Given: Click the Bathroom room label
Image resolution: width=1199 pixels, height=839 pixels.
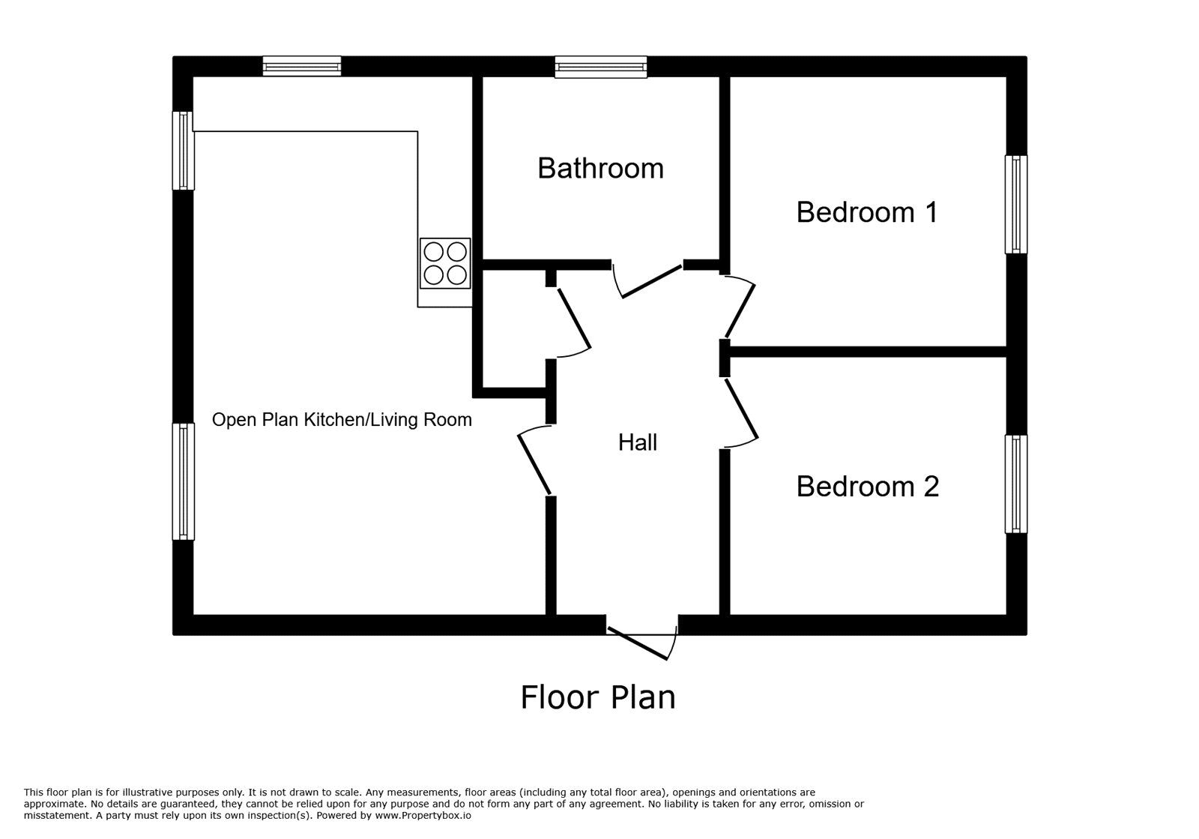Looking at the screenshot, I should pos(600,168).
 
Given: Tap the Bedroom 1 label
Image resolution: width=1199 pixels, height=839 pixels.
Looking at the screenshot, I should pos(866,212).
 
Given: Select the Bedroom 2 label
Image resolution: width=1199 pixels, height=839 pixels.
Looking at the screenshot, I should pos(867,487).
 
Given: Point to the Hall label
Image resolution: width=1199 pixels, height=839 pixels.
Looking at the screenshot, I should pos(637,442).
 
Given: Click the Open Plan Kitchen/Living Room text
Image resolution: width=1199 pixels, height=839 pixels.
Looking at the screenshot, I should pos(342,419).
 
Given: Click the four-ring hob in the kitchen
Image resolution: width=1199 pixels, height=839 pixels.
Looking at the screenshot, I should pos(445,263).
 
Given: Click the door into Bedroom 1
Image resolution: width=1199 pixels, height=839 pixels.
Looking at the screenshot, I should pos(739,307).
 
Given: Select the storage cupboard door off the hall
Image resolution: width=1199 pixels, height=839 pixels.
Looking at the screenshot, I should pos(573,321).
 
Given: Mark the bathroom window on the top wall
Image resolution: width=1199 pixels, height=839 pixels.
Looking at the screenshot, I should pos(600,67).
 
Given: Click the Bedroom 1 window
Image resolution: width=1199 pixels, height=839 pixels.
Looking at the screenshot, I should pos(1015,204).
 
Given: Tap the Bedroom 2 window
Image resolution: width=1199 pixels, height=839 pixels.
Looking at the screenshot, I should pos(1015,484).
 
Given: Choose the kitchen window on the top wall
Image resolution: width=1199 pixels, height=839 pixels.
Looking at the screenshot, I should pos(302,67).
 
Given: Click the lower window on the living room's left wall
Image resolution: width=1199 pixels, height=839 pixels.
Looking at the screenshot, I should pos(183,481).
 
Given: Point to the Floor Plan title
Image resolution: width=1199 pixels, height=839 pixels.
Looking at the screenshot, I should pos(598,697).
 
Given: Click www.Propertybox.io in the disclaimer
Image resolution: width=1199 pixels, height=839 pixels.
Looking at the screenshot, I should pos(423,815).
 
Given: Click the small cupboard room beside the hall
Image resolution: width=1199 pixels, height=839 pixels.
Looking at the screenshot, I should pos(513,328).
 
